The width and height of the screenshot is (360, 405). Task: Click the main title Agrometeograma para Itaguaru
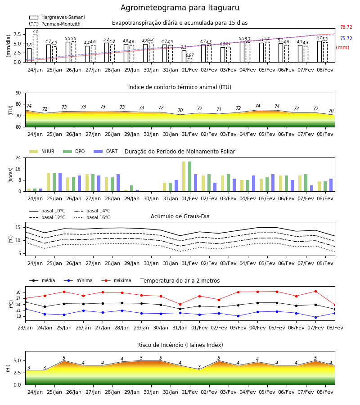[180, 8]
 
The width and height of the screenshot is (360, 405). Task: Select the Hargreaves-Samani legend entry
[57, 17]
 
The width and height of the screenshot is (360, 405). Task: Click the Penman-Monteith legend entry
[55, 24]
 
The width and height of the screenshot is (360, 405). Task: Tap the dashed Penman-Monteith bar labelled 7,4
[35, 48]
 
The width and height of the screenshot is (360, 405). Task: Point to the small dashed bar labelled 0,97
[190, 60]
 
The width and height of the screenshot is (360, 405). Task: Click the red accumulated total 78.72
[346, 27]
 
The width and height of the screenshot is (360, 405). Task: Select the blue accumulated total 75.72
[346, 39]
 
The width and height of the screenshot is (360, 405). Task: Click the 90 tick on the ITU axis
[18, 93]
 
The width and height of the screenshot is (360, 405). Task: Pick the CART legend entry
[106, 151]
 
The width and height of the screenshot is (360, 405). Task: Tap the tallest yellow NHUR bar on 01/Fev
[184, 176]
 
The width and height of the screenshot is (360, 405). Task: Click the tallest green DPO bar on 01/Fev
[189, 176]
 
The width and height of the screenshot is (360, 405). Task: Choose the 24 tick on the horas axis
[18, 157]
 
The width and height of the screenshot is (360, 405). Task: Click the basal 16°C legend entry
[92, 217]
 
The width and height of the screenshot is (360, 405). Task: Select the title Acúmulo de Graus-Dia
[180, 216]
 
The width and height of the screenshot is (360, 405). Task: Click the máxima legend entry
[116, 280]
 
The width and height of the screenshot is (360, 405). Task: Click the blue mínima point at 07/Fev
[315, 317]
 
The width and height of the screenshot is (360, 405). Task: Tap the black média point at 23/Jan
[25, 302]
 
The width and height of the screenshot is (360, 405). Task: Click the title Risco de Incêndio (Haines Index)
[180, 345]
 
